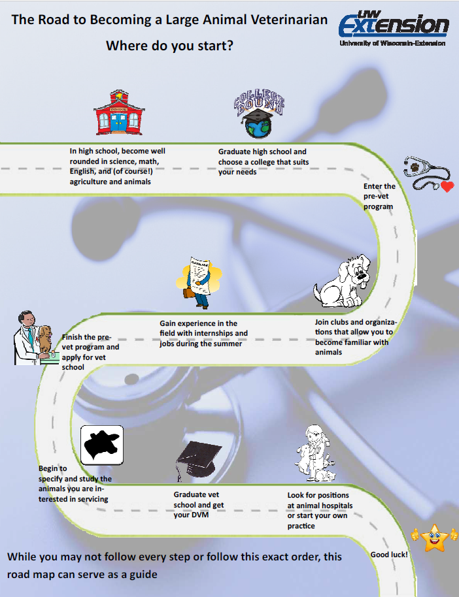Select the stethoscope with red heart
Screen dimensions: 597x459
point(428,174)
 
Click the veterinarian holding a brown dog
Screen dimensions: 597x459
point(33,336)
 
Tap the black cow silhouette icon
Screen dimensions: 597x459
point(101,444)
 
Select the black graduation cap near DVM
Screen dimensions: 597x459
point(195,457)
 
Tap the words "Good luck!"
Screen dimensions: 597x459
point(389,555)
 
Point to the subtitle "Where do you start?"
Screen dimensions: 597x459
point(170,46)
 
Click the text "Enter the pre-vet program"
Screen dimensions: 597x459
point(379,196)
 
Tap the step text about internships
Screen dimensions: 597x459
point(203,333)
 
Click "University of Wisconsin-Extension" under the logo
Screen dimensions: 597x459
point(392,43)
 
